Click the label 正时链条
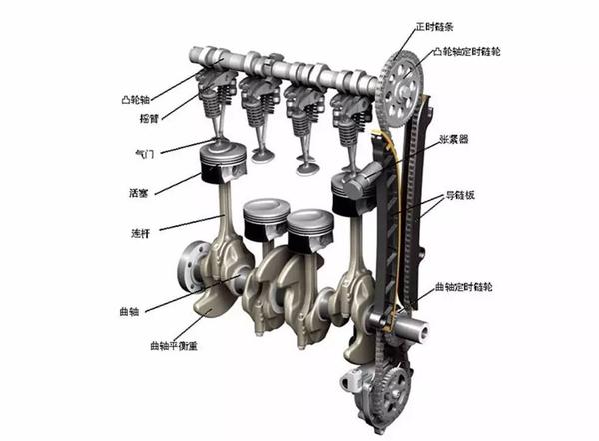(x=434, y=26)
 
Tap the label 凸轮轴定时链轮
(x=466, y=52)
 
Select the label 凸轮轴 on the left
(x=135, y=100)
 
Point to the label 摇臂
(x=149, y=119)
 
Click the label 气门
(x=145, y=154)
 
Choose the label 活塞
(x=139, y=193)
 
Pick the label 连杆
(x=140, y=233)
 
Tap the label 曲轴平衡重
(x=174, y=346)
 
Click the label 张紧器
(x=454, y=139)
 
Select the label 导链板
(x=460, y=195)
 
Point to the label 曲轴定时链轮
(x=464, y=287)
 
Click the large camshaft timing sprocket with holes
(x=400, y=90)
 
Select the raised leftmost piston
(x=223, y=163)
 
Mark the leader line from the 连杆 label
(x=192, y=223)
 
